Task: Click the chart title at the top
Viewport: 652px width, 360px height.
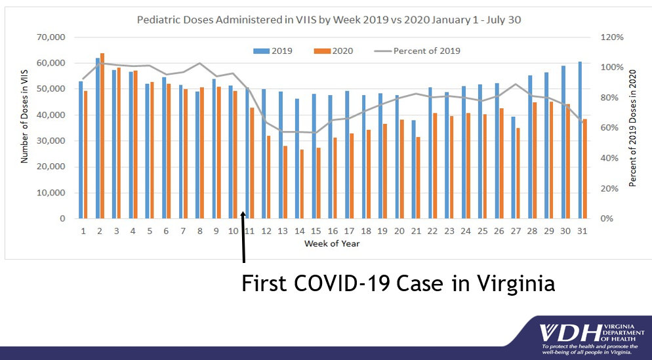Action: click(329, 20)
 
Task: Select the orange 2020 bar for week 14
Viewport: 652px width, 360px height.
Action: click(302, 184)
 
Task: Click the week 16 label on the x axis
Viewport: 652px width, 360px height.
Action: click(333, 231)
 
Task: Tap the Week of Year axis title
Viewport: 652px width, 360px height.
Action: click(332, 243)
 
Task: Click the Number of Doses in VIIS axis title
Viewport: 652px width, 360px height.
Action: click(24, 127)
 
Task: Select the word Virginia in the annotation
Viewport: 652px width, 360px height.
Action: click(511, 283)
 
